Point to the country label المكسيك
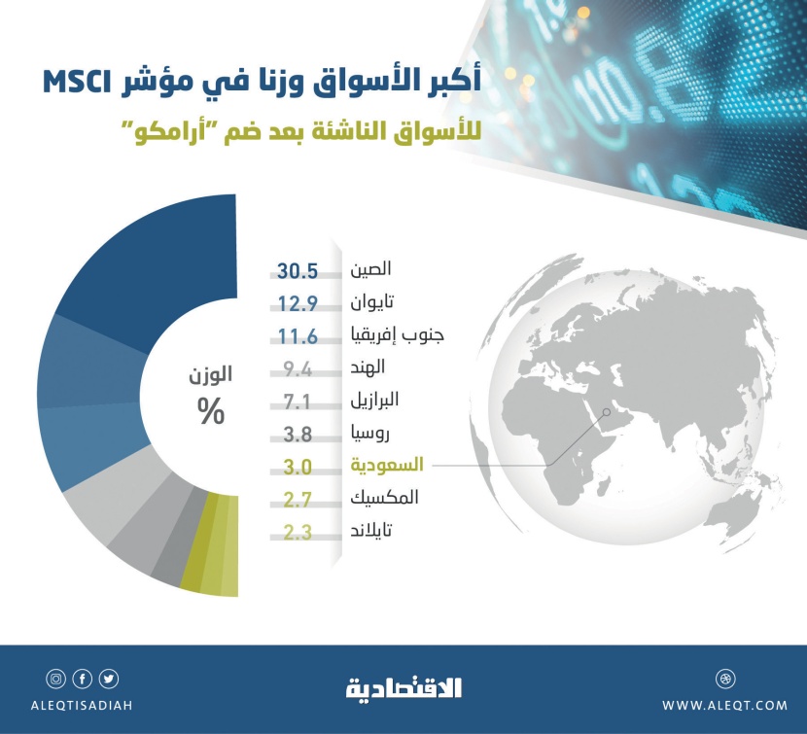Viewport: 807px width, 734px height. (x=383, y=499)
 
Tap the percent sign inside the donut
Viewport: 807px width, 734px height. (x=210, y=412)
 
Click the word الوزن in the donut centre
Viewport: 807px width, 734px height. (x=210, y=375)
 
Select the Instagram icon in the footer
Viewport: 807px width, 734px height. (x=55, y=680)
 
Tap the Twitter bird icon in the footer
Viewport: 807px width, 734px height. (x=109, y=680)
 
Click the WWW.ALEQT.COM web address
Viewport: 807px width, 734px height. (x=724, y=705)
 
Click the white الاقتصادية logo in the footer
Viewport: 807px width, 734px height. (x=403, y=688)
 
